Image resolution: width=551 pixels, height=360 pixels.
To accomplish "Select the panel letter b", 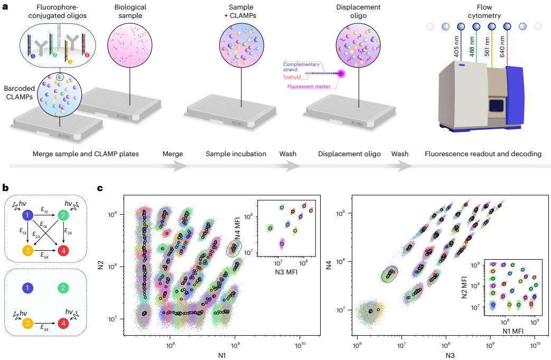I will click(x=5, y=187).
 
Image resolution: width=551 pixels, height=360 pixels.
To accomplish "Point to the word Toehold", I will click(x=292, y=77).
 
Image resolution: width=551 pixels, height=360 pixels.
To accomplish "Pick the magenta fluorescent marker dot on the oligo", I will click(x=341, y=74).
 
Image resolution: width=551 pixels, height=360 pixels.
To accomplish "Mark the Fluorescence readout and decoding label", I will click(x=483, y=154).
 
